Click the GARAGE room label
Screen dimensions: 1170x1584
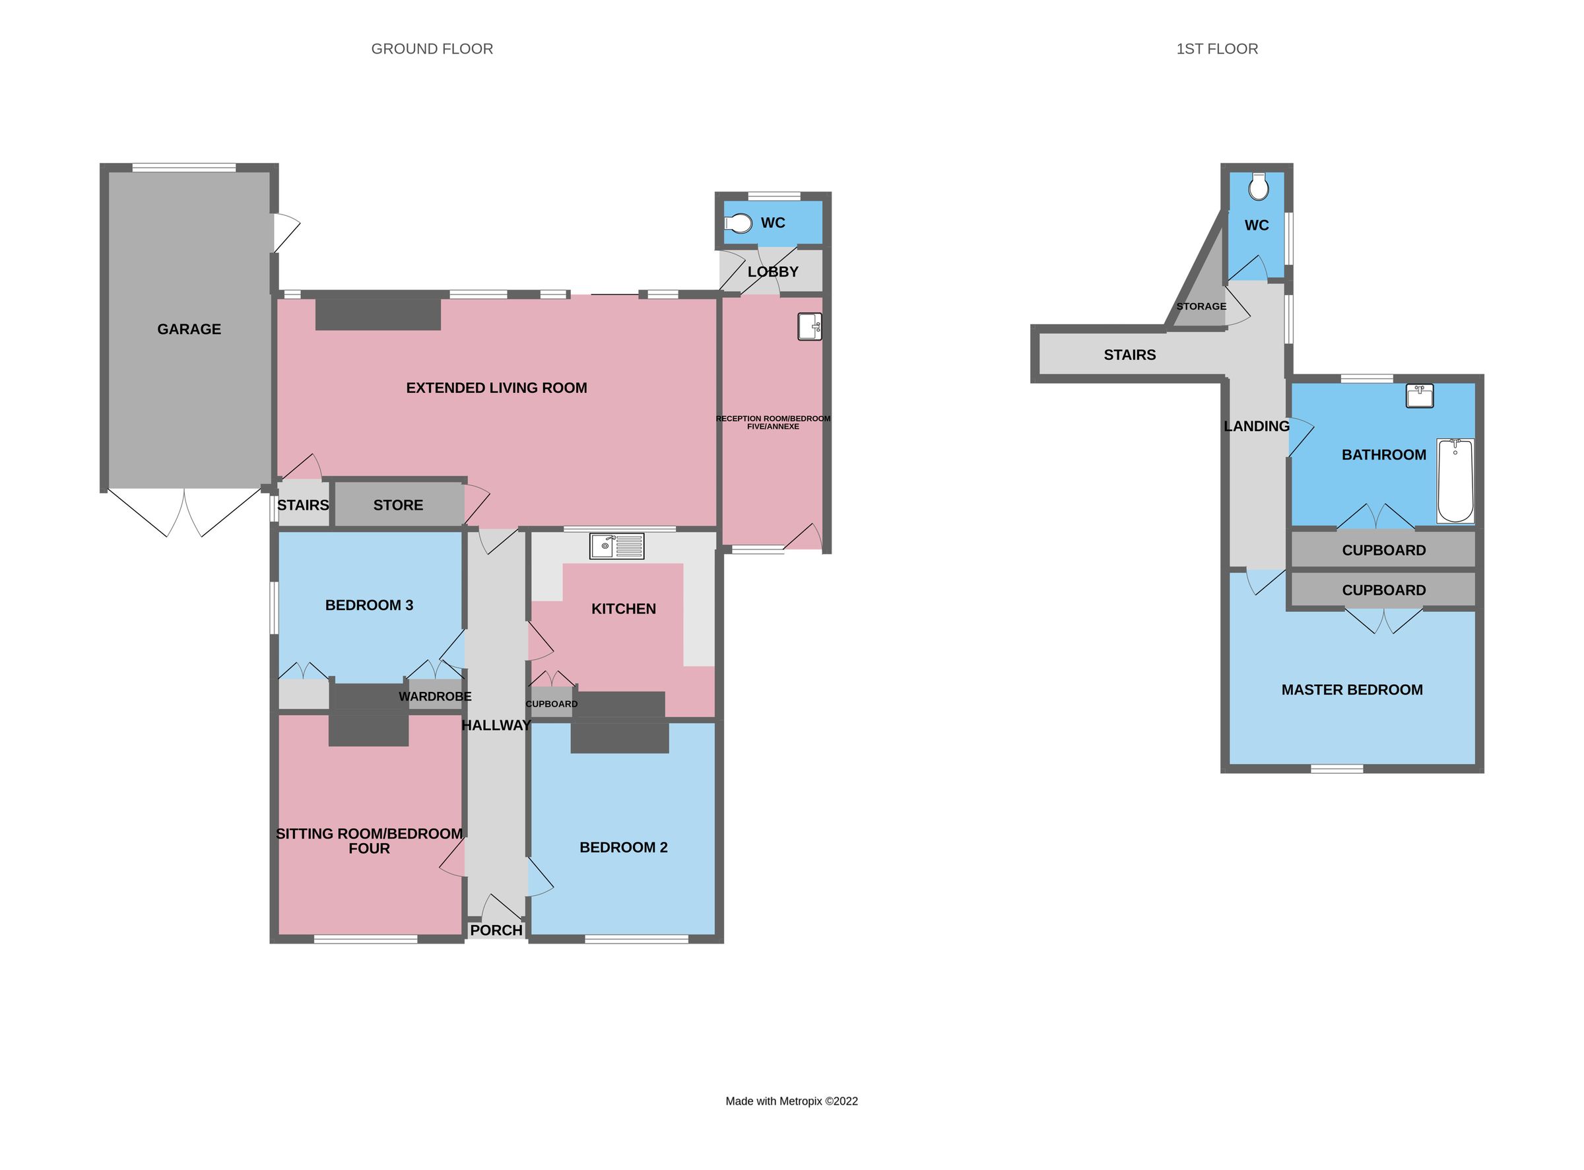pyautogui.click(x=189, y=329)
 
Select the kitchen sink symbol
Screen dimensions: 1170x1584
pyautogui.click(x=616, y=546)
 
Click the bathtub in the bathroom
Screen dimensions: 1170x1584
pyautogui.click(x=1455, y=480)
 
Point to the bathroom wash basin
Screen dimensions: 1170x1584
pyautogui.click(x=1420, y=396)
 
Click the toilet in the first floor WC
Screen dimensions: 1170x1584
pyautogui.click(x=1259, y=187)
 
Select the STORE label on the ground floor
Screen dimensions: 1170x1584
pyautogui.click(x=398, y=505)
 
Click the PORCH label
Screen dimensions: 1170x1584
pyautogui.click(x=496, y=930)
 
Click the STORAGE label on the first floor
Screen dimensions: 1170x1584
pyautogui.click(x=1201, y=306)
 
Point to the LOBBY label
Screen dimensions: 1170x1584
pyautogui.click(x=773, y=272)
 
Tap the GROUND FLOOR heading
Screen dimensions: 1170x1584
pyautogui.click(x=432, y=49)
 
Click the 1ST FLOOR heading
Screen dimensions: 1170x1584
pyautogui.click(x=1216, y=49)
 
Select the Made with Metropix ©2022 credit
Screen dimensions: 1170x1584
pyautogui.click(x=791, y=1101)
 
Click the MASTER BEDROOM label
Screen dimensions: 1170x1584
pyautogui.click(x=1352, y=690)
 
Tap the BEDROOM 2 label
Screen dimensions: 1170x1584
pyautogui.click(x=623, y=848)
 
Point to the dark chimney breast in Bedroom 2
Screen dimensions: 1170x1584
pyautogui.click(x=619, y=738)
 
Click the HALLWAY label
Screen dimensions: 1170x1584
pyautogui.click(x=496, y=725)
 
